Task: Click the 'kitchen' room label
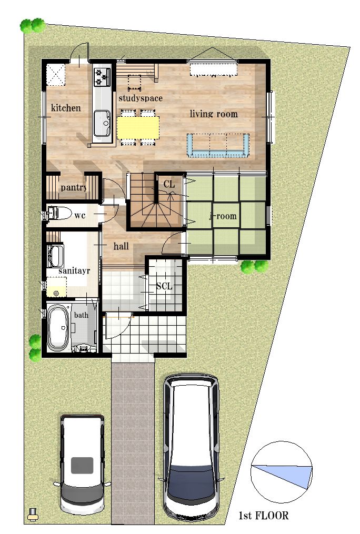click(x=66, y=108)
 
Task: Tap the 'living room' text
click(x=214, y=114)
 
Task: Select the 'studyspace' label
click(x=141, y=98)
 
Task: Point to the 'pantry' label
click(x=74, y=187)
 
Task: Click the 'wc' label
click(x=79, y=215)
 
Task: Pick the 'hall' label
click(x=121, y=246)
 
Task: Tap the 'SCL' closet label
click(x=164, y=286)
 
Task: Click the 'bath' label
click(x=82, y=315)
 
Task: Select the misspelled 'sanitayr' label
click(x=74, y=271)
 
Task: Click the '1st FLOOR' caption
click(x=263, y=516)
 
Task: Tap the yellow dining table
click(x=138, y=128)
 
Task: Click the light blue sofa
click(x=218, y=145)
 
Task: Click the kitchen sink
click(x=103, y=123)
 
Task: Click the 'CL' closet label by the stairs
click(x=169, y=185)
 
